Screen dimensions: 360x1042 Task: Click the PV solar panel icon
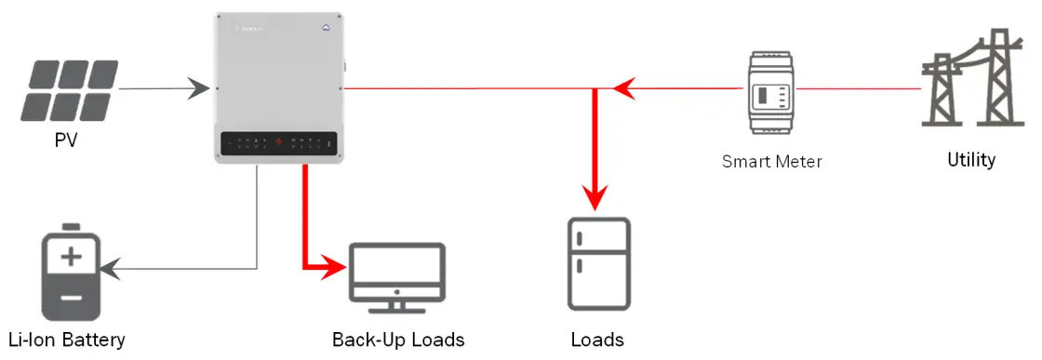pyautogui.click(x=71, y=90)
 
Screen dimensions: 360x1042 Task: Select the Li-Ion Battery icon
pyautogui.click(x=71, y=271)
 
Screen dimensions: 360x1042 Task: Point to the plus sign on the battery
pyautogui.click(x=71, y=257)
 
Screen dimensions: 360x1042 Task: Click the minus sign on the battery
pyautogui.click(x=71, y=298)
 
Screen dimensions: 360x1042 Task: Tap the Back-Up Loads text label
pyautogui.click(x=397, y=339)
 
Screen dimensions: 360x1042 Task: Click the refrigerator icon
pyautogui.click(x=598, y=263)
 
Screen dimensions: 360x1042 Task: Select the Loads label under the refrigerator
pyautogui.click(x=597, y=339)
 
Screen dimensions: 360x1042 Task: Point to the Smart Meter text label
pyautogui.click(x=771, y=161)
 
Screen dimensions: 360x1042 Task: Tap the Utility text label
pyautogui.click(x=970, y=160)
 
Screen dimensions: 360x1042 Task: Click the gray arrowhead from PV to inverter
pyautogui.click(x=198, y=89)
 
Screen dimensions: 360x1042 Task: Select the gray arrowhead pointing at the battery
pyautogui.click(x=109, y=270)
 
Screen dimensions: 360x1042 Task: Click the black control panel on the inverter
pyautogui.click(x=279, y=143)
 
